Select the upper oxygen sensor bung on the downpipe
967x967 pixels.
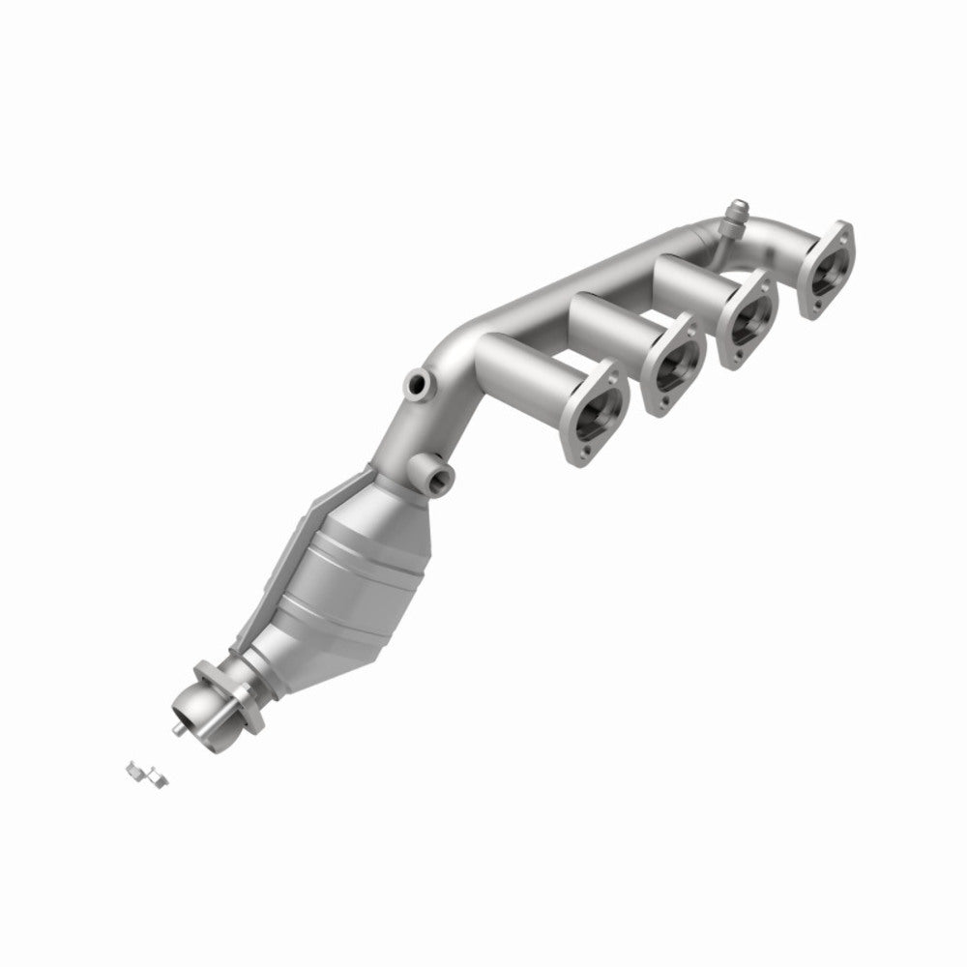point(418,384)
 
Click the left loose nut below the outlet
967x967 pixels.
point(132,769)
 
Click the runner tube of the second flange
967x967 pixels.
point(609,319)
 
